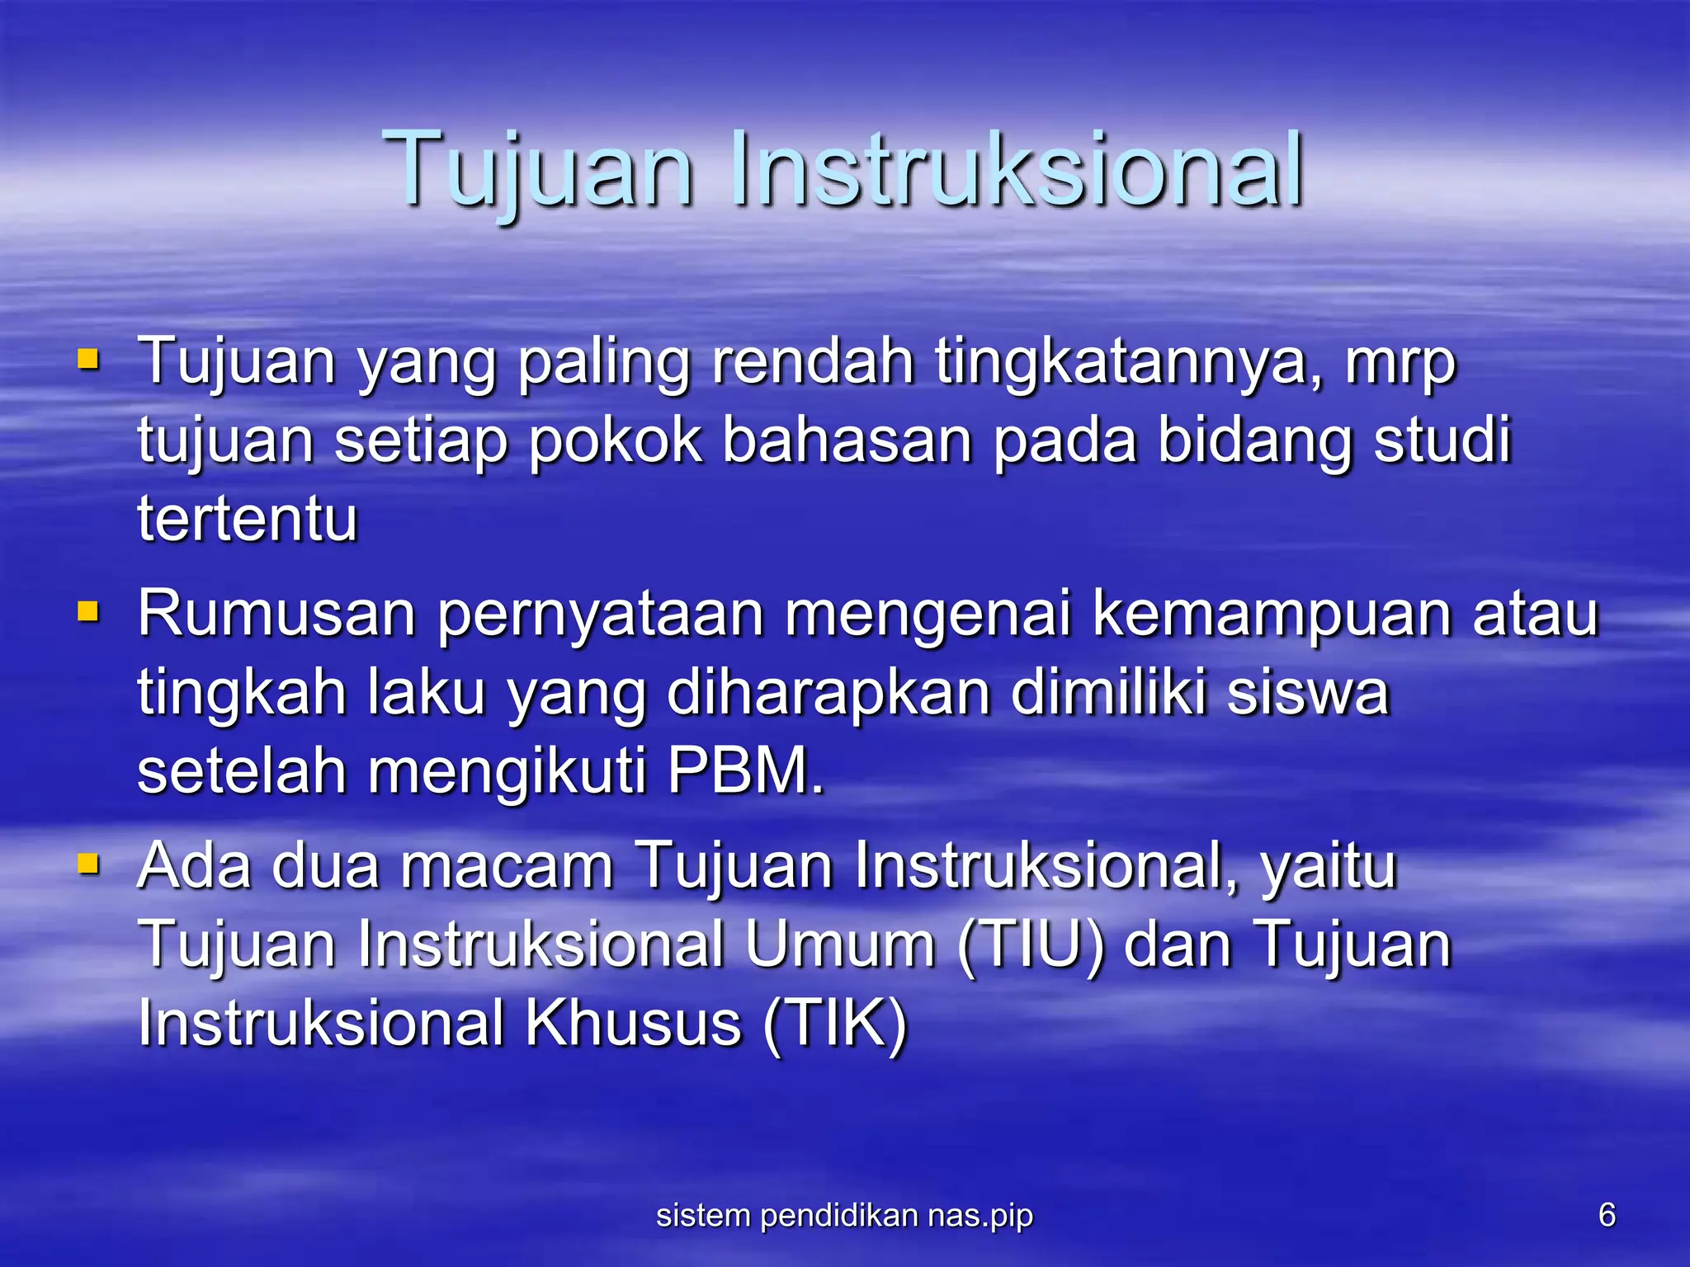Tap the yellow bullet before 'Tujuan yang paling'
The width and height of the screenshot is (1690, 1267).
coord(88,360)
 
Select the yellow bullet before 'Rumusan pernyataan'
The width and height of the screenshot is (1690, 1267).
coord(88,612)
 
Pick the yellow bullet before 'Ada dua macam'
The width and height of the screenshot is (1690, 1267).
coord(88,864)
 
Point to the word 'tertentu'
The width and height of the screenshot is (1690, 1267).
coord(248,519)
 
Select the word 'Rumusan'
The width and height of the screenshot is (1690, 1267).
coord(277,614)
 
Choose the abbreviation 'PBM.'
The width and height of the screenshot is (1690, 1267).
coord(745,770)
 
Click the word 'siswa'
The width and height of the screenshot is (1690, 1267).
coord(1309,693)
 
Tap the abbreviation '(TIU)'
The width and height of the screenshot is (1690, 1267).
coord(1031,944)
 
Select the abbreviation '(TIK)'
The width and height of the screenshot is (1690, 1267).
coord(835,1024)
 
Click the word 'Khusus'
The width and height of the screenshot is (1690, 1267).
coord(634,1024)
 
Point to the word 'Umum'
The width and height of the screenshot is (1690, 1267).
coord(839,944)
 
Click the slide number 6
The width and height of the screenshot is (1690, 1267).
coord(1607,1215)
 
